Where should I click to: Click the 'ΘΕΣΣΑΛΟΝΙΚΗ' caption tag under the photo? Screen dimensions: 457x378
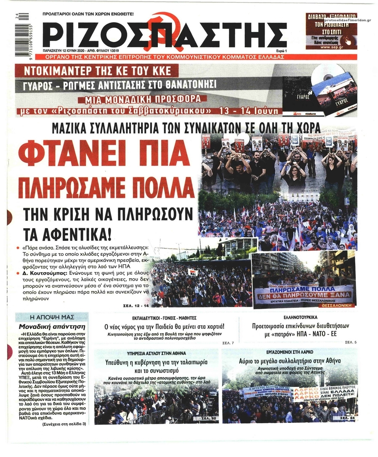click(x=337, y=305)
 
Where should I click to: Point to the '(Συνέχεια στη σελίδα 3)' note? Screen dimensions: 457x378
click(x=64, y=424)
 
